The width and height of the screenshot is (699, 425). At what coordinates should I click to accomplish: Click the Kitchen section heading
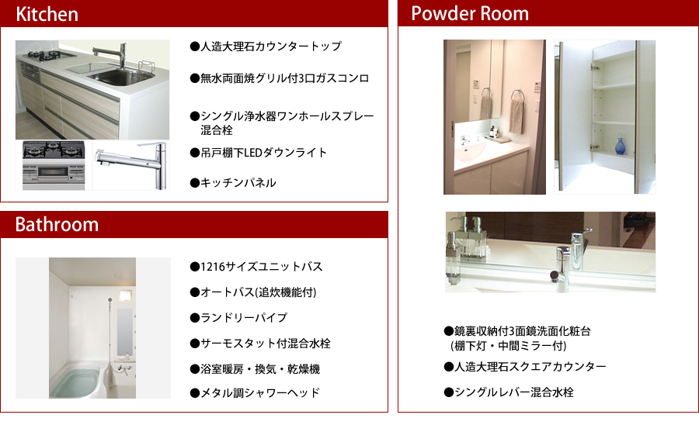47,14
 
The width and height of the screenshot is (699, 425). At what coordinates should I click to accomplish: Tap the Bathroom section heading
57,224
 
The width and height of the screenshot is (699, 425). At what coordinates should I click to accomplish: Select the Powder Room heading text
470,13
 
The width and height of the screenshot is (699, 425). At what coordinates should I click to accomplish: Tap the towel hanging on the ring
516,116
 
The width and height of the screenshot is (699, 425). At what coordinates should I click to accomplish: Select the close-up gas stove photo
54,166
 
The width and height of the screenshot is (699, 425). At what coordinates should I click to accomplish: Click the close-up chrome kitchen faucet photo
131,165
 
